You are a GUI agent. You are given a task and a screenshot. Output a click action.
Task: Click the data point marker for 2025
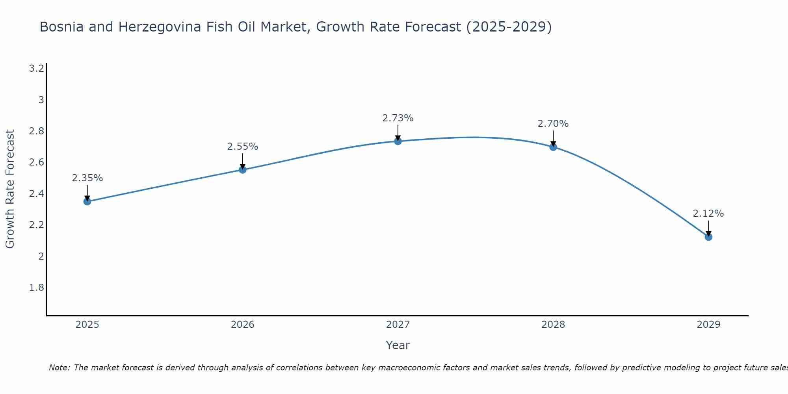point(87,201)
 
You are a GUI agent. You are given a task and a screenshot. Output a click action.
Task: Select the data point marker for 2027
point(398,141)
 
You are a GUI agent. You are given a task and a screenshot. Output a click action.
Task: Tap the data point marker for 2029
point(708,237)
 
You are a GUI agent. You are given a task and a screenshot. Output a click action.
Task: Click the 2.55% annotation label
point(242,147)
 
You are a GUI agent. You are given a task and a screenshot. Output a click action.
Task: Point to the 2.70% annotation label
point(553,124)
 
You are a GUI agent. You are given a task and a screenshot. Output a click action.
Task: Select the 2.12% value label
point(708,214)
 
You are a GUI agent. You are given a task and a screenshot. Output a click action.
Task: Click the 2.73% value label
point(398,118)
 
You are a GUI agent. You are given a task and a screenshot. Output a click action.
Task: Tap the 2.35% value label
point(87,178)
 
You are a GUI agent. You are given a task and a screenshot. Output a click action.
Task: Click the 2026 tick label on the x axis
point(242,325)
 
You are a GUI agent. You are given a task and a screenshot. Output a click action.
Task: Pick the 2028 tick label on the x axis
point(553,325)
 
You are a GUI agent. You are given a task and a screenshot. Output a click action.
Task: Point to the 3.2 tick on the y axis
point(36,69)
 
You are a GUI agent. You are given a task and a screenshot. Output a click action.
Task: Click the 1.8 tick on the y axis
point(36,288)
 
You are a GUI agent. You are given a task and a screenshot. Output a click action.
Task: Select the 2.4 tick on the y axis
point(36,194)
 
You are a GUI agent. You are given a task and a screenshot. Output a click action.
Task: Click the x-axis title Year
point(398,345)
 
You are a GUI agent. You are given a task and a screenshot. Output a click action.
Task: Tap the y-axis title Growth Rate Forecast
point(10,189)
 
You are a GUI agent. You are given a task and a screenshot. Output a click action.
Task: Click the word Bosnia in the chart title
point(61,27)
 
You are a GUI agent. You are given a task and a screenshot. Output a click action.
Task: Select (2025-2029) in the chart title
point(509,27)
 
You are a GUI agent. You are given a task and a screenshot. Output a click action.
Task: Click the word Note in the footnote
point(59,368)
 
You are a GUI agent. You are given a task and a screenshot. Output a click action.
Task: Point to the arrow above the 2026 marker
point(242,161)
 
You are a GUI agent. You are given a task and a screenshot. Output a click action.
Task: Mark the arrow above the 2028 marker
point(553,138)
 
